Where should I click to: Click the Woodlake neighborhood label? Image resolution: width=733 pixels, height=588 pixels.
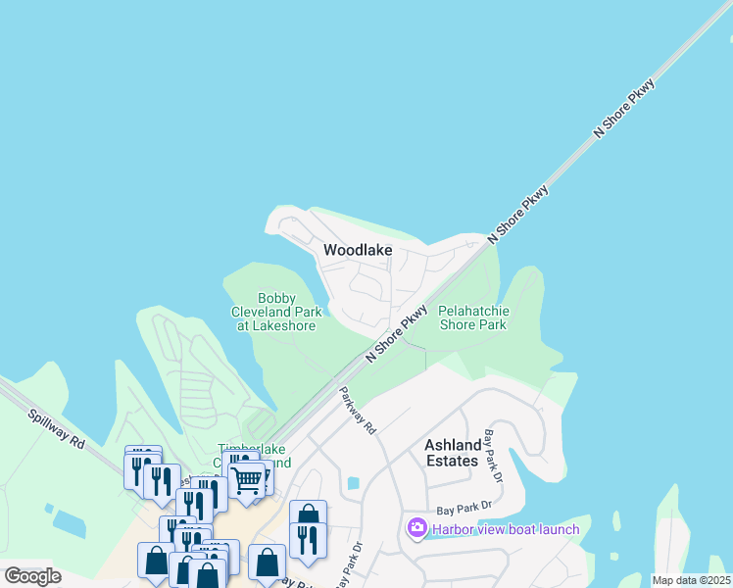pos(358,250)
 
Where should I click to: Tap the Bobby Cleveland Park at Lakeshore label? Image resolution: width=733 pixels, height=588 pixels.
pos(275,312)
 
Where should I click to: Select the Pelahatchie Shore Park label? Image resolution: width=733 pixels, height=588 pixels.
pos(473,317)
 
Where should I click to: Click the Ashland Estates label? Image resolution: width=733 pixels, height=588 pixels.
pos(453,453)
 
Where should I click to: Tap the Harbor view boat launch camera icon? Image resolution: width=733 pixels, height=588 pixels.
pos(417,529)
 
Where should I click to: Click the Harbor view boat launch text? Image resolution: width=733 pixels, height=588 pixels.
pos(506,530)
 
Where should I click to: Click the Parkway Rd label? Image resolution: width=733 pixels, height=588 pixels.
pos(358,411)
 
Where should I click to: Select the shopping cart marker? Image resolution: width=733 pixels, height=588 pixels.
pos(246,480)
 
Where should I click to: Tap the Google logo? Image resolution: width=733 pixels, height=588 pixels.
pos(32,575)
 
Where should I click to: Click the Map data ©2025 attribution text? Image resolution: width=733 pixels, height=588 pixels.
pos(692,580)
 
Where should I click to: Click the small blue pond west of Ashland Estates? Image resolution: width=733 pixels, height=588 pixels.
pos(353,483)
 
